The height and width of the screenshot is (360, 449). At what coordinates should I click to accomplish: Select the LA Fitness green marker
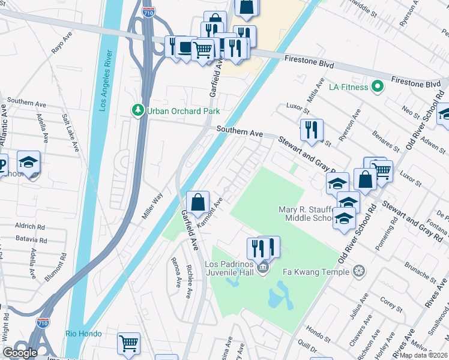click(x=378, y=87)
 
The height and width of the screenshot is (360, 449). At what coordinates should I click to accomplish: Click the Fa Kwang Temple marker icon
click(x=358, y=271)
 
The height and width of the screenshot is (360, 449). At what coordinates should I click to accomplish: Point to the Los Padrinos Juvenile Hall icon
click(x=262, y=268)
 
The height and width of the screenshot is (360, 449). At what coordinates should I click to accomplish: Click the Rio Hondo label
click(x=83, y=334)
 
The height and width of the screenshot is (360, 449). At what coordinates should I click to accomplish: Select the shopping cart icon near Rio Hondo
click(x=128, y=344)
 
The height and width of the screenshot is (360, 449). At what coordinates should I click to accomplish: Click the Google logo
click(x=20, y=353)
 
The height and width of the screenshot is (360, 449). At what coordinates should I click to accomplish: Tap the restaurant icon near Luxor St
click(x=311, y=130)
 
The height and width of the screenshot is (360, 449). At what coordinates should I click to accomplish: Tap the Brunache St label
click(x=421, y=271)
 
